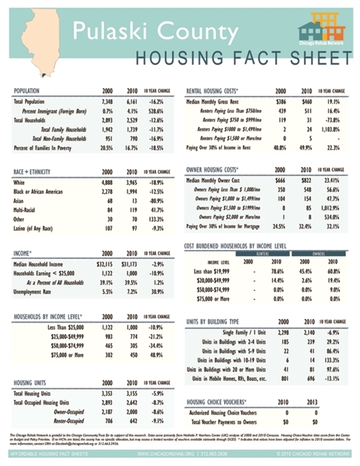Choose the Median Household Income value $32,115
pyautogui.click(x=106, y=264)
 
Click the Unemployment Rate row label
pyautogui.click(x=35, y=290)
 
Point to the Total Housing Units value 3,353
pyautogui.click(x=107, y=394)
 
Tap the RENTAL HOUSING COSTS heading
pyautogui.click(x=213, y=91)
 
